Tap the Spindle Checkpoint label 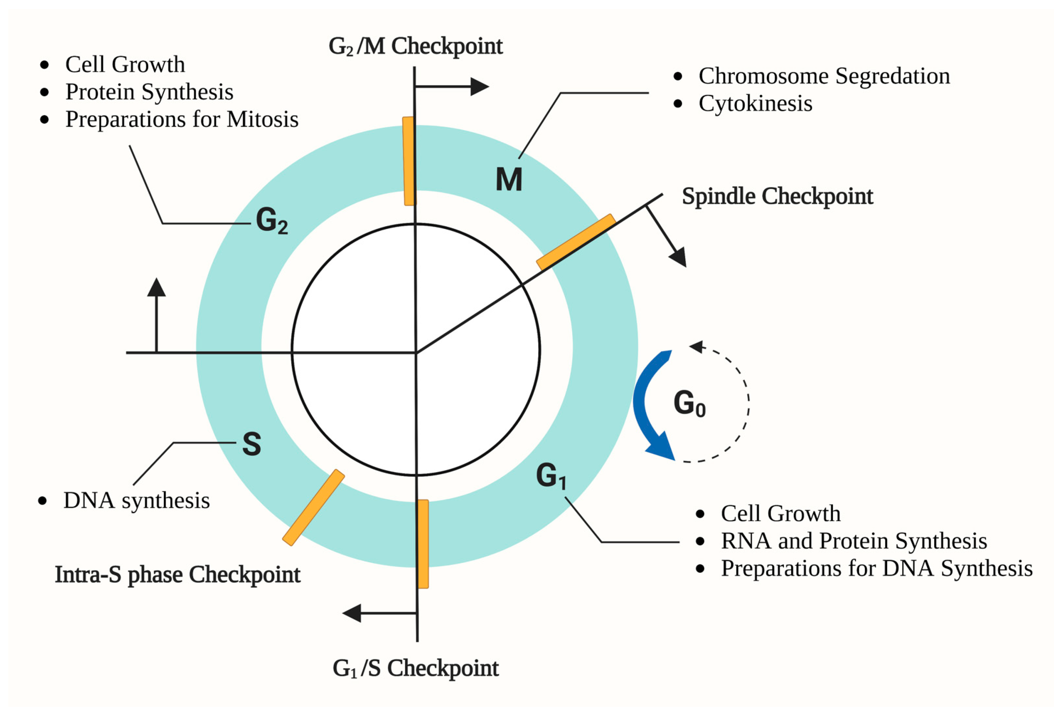pyautogui.click(x=777, y=197)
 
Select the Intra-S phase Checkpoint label pyautogui.click(x=177, y=575)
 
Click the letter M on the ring pyautogui.click(x=509, y=180)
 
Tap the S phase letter pyautogui.click(x=251, y=444)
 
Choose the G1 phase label pyautogui.click(x=550, y=476)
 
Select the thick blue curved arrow pyautogui.click(x=648, y=406)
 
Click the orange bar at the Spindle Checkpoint pyautogui.click(x=576, y=242)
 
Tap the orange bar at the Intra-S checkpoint pyautogui.click(x=313, y=507)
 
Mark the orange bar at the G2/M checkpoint pyautogui.click(x=409, y=161)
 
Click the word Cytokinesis pyautogui.click(x=755, y=104)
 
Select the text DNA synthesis pyautogui.click(x=136, y=501)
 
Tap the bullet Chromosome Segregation pyautogui.click(x=824, y=76)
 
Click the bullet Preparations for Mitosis pyautogui.click(x=182, y=119)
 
